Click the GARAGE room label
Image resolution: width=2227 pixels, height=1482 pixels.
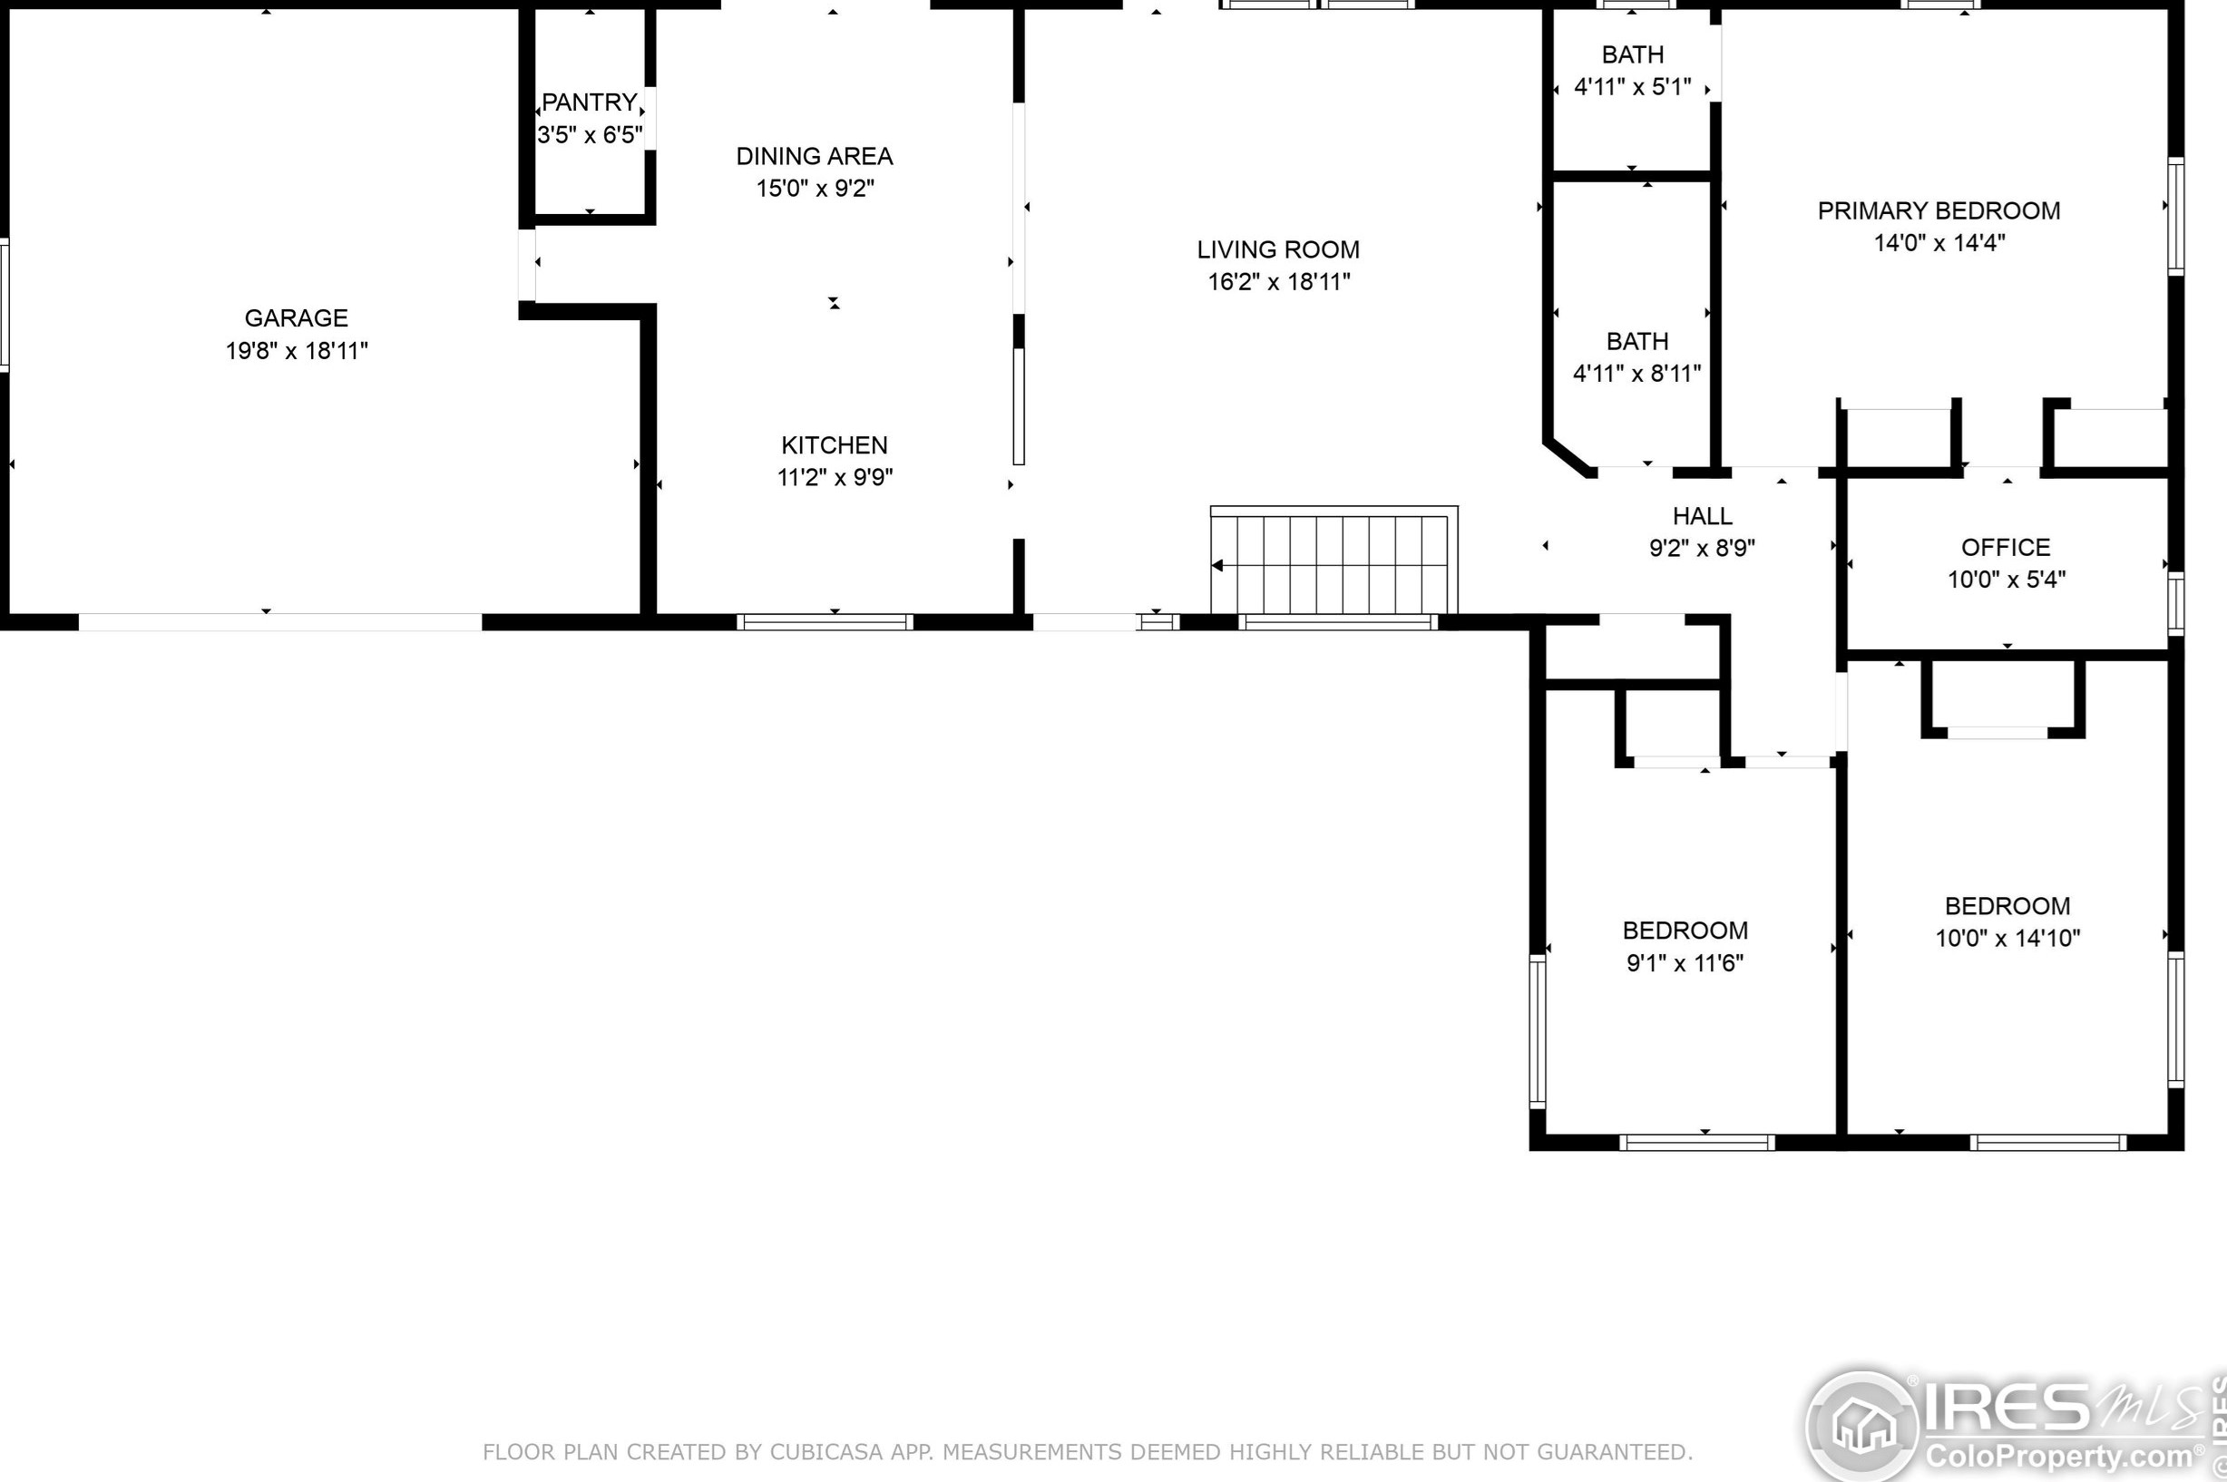(x=296, y=317)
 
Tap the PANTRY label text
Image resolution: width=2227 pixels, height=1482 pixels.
(x=589, y=102)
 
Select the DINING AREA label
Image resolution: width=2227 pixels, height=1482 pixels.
(x=815, y=156)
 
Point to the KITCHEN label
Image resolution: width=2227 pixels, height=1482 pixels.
(x=835, y=445)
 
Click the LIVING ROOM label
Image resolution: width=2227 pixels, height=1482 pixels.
(x=1278, y=249)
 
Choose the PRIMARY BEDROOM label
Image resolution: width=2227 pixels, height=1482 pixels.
(x=1939, y=210)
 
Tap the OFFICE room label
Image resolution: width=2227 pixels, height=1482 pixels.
(x=2006, y=547)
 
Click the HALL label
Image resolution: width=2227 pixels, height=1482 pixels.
(x=1703, y=516)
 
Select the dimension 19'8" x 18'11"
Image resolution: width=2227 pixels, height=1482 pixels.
(x=296, y=351)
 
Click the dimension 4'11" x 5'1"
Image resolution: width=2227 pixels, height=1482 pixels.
(x=1633, y=87)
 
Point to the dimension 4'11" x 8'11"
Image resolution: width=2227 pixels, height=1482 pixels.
(x=1637, y=374)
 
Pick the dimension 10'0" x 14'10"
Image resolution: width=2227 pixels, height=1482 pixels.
(x=2007, y=939)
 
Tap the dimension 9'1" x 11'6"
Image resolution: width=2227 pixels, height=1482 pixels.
(x=1685, y=963)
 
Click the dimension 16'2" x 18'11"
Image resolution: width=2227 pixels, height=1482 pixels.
(x=1279, y=282)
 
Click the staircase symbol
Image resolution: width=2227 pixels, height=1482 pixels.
(x=1333, y=561)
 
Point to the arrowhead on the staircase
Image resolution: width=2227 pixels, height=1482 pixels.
(x=1217, y=565)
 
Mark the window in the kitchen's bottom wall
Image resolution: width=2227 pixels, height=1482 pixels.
(x=825, y=622)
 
